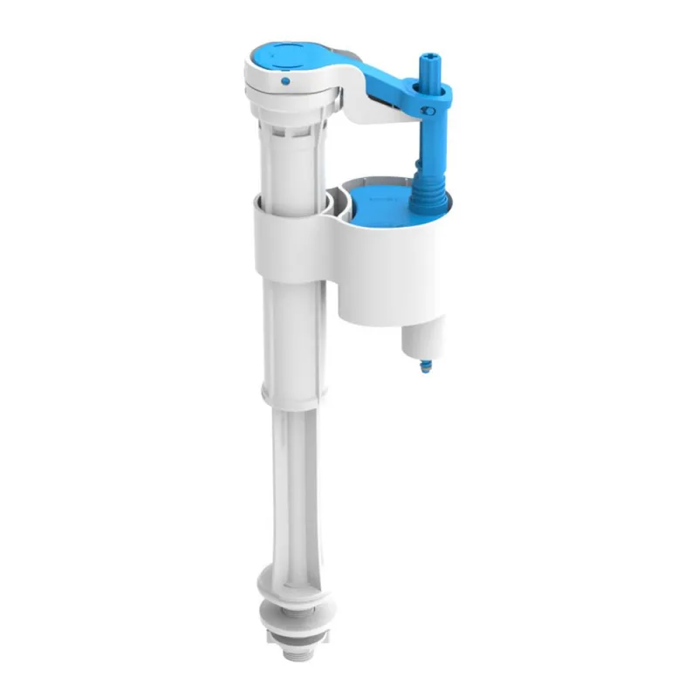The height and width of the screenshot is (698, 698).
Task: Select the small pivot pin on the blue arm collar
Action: pos(428,111)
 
